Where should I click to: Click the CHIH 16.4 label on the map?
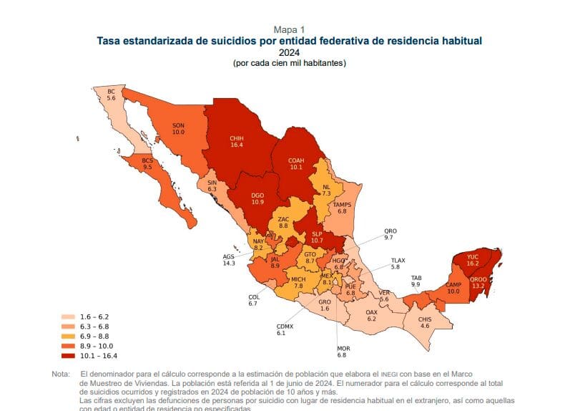coord(236,141)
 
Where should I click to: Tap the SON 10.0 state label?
coord(179,129)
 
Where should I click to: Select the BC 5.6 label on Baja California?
coord(111,95)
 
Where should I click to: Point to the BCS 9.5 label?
coord(148,163)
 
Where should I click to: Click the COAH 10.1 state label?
coord(296,163)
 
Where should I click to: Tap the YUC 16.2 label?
coord(472,260)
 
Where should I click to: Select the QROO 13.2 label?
coord(478,282)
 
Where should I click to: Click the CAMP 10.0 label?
coord(453,289)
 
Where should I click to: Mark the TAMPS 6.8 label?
coord(342,208)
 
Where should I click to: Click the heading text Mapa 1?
coord(289,29)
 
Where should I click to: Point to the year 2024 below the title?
coord(289,53)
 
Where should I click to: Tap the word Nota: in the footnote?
coord(62,374)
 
